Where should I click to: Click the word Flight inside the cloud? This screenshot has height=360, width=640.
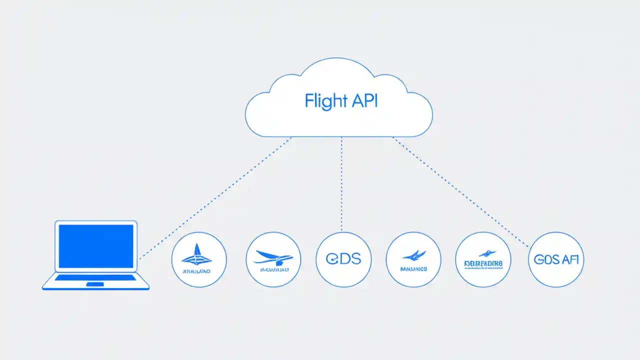point(323,100)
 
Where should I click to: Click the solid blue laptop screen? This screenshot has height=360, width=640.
point(96,246)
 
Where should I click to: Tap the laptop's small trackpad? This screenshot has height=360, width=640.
point(95,284)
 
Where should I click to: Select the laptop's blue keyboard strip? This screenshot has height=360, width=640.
point(95,277)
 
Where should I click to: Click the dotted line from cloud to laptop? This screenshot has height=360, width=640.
point(215,198)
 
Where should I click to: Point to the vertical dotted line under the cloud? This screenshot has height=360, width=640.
point(341,185)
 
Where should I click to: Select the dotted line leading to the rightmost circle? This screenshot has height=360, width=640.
point(460,192)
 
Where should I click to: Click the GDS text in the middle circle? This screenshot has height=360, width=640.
point(343,259)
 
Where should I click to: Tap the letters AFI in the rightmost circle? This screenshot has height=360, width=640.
point(570,259)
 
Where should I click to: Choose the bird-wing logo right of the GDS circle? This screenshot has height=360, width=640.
point(413,256)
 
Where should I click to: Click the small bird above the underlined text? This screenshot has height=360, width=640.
point(483,253)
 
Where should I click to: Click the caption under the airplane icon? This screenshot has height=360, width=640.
point(273,270)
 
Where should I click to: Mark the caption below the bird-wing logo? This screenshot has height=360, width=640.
point(413,269)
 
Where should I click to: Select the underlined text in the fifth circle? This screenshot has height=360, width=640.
point(483,263)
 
